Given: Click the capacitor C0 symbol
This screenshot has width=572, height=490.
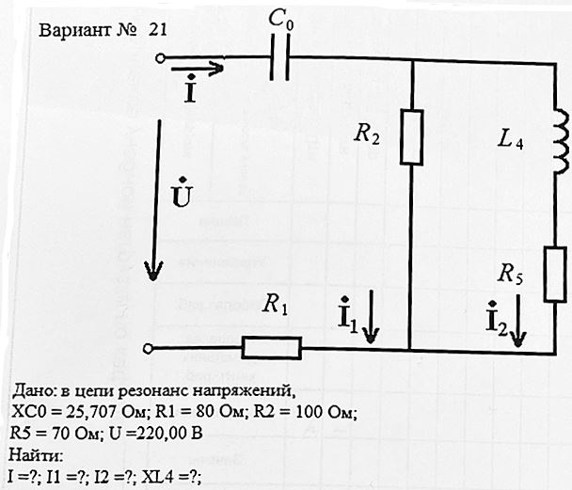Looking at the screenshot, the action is pyautogui.click(x=279, y=57).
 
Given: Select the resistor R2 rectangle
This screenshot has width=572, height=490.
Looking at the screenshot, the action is pyautogui.click(x=411, y=137).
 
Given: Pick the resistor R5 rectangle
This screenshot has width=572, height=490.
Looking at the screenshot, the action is pyautogui.click(x=555, y=275).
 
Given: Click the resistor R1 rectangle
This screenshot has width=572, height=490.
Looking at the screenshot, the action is pyautogui.click(x=272, y=348).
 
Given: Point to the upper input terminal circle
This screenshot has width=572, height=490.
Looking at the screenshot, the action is pyautogui.click(x=160, y=58).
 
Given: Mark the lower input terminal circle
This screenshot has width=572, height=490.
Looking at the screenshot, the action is pyautogui.click(x=148, y=349).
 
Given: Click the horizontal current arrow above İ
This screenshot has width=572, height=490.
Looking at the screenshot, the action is pyautogui.click(x=197, y=68).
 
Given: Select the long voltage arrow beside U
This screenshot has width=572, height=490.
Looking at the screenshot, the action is pyautogui.click(x=156, y=200).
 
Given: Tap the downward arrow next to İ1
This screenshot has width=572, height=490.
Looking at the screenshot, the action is pyautogui.click(x=371, y=316).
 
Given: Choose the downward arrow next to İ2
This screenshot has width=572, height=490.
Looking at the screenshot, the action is pyautogui.click(x=517, y=320).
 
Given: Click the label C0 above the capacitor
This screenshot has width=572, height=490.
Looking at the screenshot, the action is pyautogui.click(x=281, y=19).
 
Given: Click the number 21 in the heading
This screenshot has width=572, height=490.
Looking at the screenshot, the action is pyautogui.click(x=158, y=30).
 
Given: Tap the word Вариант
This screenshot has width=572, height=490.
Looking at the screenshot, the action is pyautogui.click(x=74, y=30).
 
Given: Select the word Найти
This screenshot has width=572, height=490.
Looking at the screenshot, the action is pyautogui.click(x=36, y=455).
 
